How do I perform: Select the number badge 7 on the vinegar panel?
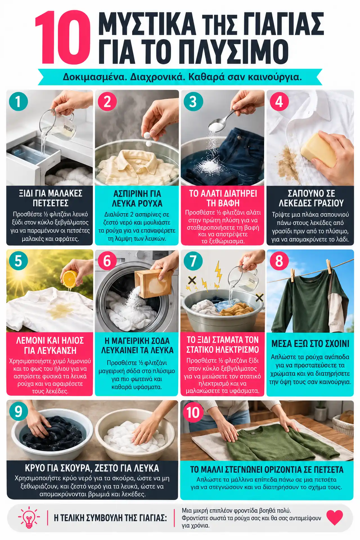(x=193, y=261)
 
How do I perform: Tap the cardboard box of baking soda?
(x=149, y=283)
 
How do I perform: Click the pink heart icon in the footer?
(x=335, y=517)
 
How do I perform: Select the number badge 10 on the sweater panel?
(x=193, y=413)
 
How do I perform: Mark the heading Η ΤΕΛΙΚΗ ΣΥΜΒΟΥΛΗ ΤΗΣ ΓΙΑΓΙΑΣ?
(x=110, y=518)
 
